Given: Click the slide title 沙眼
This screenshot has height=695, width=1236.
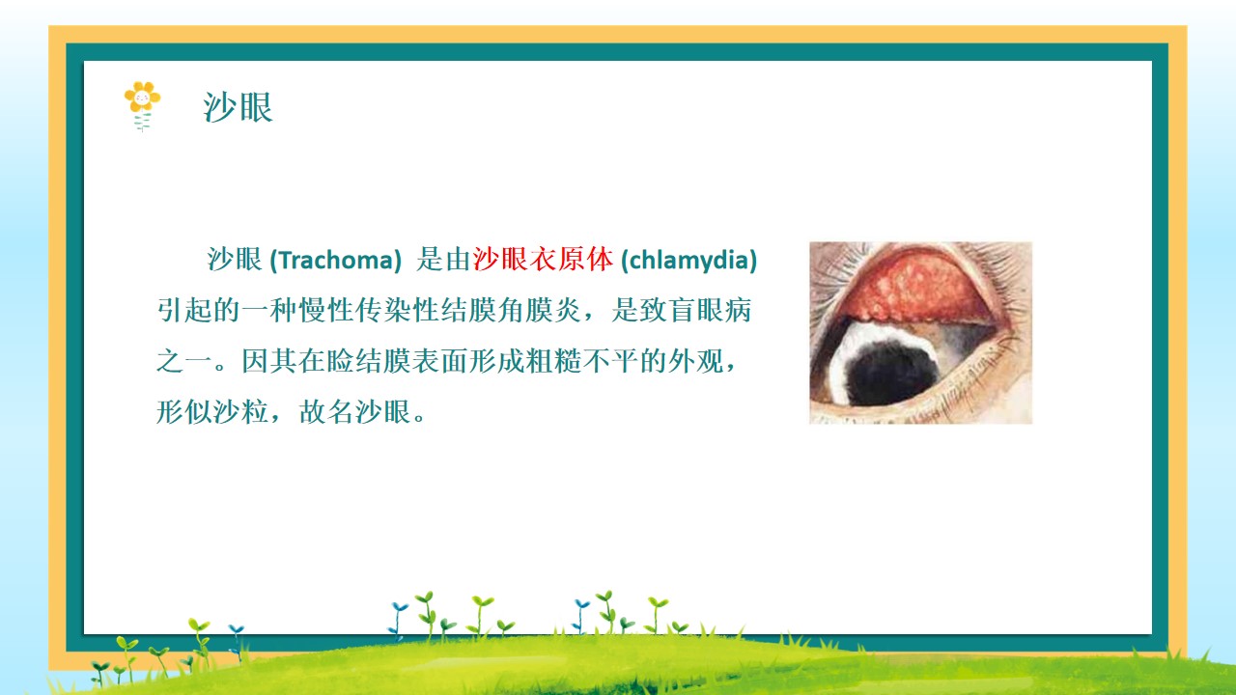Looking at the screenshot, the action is (238, 107).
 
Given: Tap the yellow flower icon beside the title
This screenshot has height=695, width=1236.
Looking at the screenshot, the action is (142, 106).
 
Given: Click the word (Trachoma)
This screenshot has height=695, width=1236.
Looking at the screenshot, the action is (335, 260).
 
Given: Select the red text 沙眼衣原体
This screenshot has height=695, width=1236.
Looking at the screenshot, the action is (543, 260).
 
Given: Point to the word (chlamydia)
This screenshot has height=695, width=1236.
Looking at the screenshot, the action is (689, 260).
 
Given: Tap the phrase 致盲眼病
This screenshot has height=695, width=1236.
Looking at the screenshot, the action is (696, 310).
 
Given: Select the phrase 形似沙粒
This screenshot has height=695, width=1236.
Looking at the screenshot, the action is (212, 411).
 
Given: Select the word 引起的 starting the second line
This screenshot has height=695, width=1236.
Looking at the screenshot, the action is (199, 310).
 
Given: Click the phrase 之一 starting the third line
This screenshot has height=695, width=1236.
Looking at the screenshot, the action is (184, 361).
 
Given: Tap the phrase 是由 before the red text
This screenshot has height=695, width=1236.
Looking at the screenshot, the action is (443, 260).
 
